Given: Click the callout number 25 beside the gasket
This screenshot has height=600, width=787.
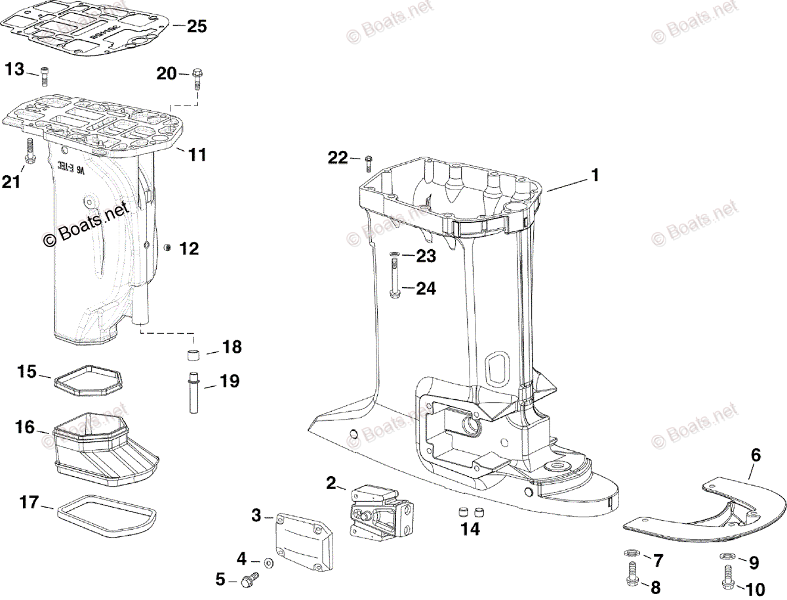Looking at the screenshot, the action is tap(197, 26).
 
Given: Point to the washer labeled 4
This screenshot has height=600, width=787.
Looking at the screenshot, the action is tap(269, 563).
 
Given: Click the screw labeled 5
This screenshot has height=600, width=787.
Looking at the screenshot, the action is tap(249, 579).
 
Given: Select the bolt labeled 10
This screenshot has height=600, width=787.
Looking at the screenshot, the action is tap(727, 577).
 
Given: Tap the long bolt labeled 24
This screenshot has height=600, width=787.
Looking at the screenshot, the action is tap(395, 279).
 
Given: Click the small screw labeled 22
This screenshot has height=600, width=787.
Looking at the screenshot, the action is tap(368, 160).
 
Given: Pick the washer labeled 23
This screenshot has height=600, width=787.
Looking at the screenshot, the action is tap(394, 254).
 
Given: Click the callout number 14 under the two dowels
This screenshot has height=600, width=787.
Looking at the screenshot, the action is tap(470, 529).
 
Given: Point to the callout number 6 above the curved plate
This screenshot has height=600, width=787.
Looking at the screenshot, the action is tap(756, 454).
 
